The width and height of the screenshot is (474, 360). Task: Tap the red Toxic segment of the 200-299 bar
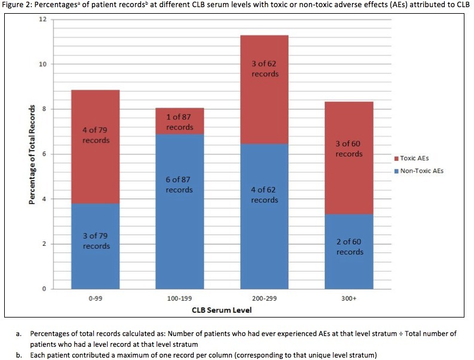click(264, 90)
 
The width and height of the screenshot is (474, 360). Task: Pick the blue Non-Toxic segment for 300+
click(349, 251)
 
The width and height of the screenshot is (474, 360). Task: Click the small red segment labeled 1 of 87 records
click(179, 121)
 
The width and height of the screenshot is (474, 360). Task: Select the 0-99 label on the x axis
click(96, 297)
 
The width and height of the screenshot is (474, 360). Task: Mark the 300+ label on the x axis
click(349, 297)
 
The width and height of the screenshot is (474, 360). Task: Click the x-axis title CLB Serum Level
click(222, 310)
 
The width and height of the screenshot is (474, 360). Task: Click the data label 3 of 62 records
click(264, 69)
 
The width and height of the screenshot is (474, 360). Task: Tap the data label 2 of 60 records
click(349, 247)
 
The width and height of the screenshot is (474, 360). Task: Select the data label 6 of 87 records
click(179, 184)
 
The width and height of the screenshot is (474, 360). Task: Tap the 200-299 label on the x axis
click(264, 297)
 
